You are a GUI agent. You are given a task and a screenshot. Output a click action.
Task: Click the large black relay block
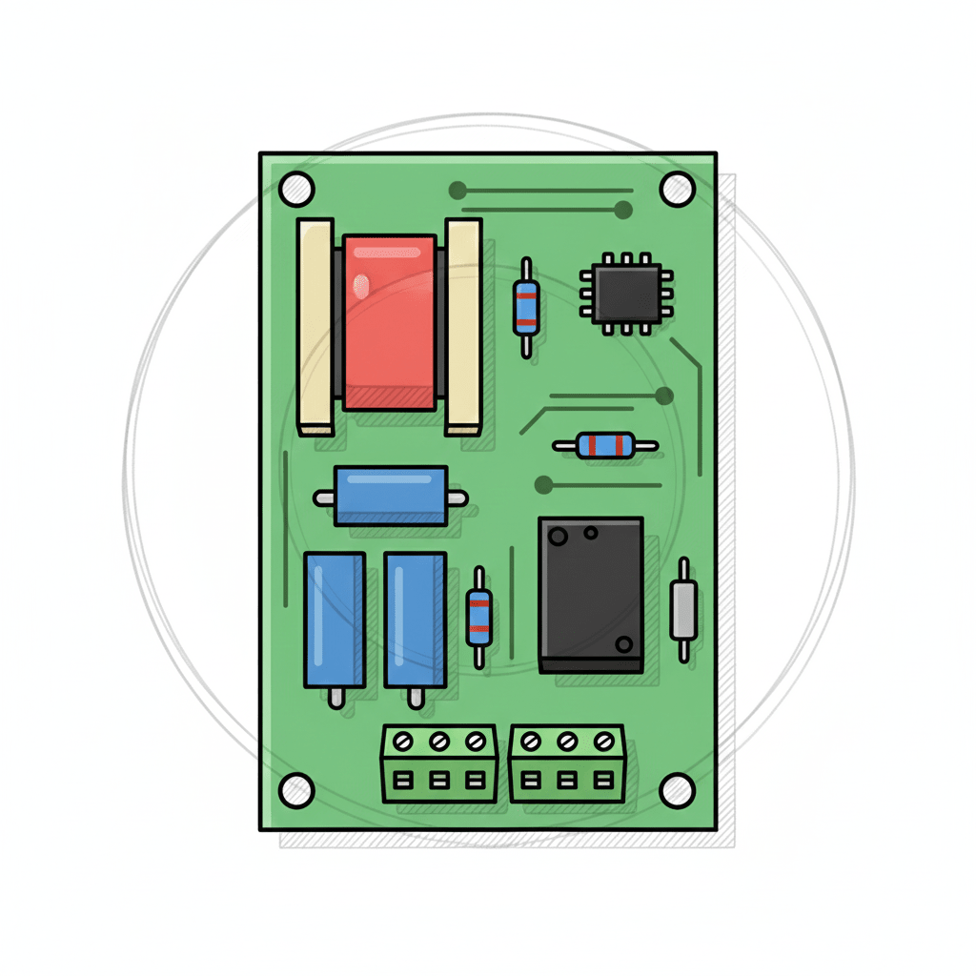point(591,595)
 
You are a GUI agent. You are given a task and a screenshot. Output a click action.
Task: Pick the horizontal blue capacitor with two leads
point(391,496)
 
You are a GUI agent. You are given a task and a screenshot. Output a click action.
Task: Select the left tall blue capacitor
point(335,620)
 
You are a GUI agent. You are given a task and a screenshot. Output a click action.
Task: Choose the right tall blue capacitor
point(415,620)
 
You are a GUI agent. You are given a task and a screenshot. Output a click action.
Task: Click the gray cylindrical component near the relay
point(682,610)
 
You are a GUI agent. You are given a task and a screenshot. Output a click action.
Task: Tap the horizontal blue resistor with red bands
point(605,445)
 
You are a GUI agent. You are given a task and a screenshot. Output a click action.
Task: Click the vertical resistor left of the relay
point(478,618)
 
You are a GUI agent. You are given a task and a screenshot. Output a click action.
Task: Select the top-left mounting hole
point(296,187)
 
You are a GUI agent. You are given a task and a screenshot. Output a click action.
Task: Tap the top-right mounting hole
point(678,187)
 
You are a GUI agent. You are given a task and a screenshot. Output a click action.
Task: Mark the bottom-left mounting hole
point(296,789)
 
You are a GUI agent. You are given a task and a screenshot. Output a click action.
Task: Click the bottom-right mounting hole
point(678,789)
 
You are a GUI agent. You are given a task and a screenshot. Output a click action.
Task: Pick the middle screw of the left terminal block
point(438,741)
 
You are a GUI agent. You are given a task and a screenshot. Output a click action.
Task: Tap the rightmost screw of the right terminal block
point(603,741)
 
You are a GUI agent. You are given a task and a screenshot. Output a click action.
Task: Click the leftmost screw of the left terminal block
point(402,741)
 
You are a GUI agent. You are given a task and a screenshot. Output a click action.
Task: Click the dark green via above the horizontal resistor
point(664,395)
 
